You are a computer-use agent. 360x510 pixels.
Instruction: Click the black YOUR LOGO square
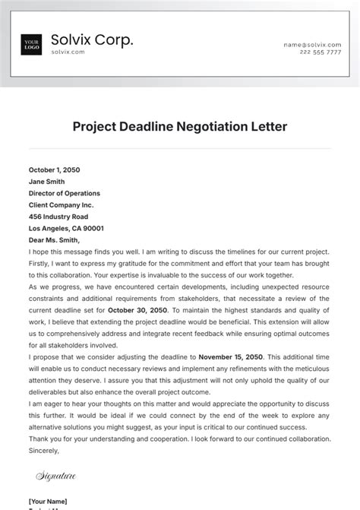32,45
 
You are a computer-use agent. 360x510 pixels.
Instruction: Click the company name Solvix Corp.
92,40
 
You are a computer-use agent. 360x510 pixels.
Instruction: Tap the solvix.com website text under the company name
68,52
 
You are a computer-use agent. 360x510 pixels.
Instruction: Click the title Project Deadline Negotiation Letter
180,127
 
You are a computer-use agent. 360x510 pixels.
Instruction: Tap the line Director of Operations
64,193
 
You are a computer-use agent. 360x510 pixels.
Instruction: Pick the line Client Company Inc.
61,204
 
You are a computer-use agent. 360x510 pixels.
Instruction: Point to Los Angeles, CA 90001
66,228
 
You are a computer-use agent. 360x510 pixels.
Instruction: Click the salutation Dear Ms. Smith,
54,240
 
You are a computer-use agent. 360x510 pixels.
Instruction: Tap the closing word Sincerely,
43,450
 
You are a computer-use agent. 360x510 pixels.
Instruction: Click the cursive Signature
56,477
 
